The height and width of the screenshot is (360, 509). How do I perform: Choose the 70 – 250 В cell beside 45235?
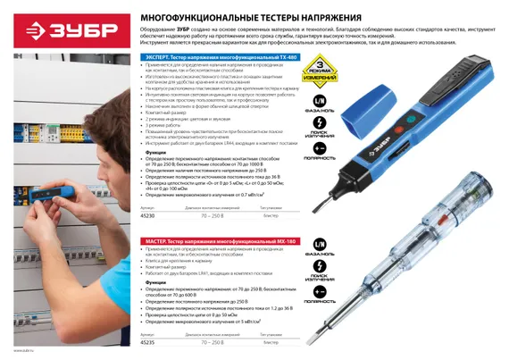tap(212, 341)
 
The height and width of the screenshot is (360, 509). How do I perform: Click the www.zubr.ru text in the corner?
tap(12, 354)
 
